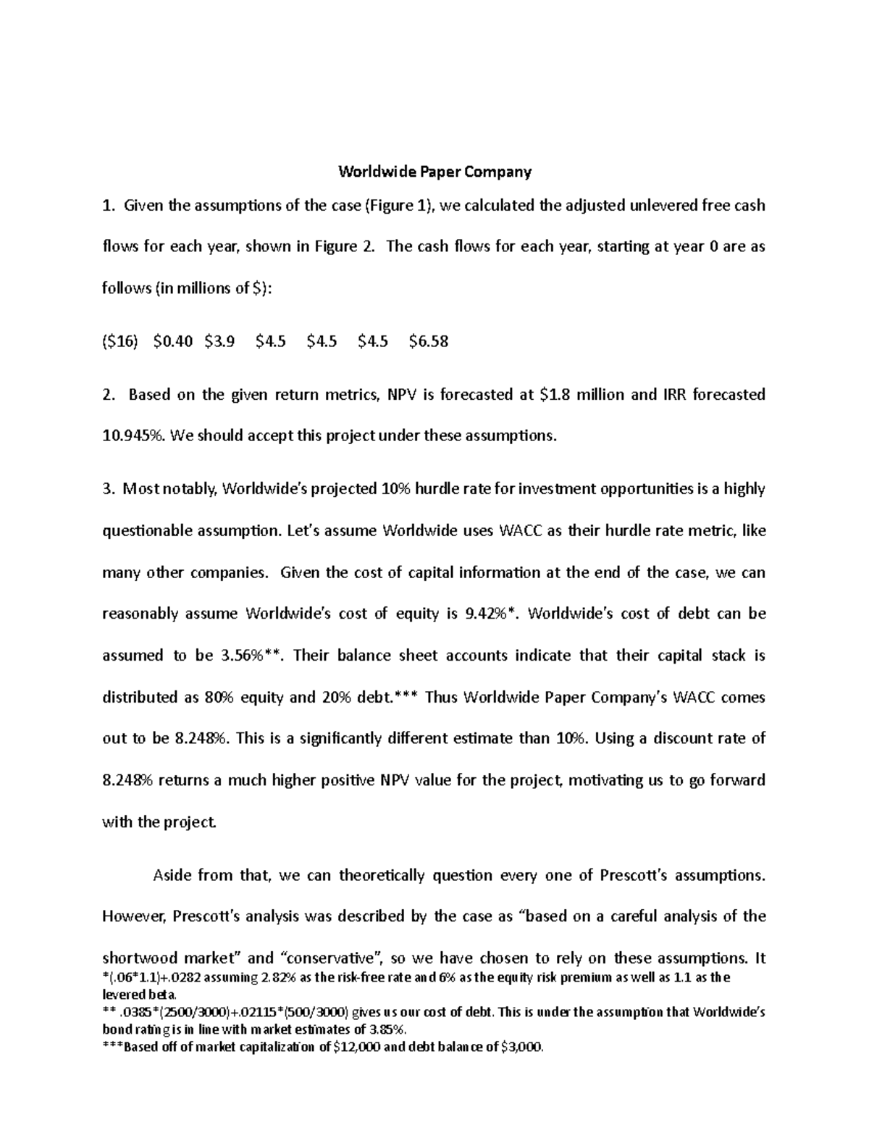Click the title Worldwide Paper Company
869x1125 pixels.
click(435, 172)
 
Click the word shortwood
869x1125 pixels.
click(143, 958)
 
